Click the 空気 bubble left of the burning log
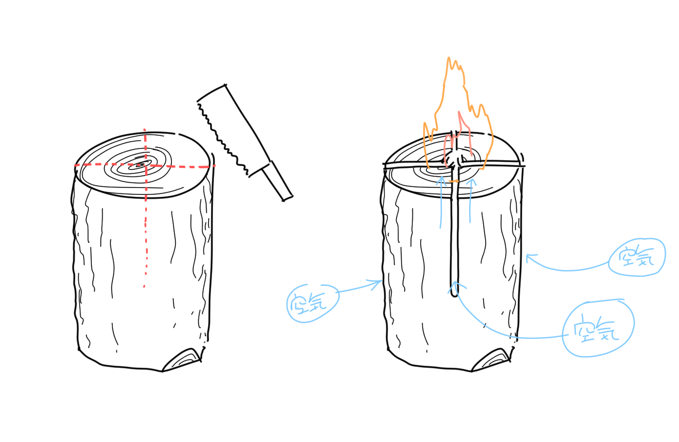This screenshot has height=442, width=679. [313, 303]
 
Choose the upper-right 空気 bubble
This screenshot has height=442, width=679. [637, 257]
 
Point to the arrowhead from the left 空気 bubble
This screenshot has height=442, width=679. [376, 284]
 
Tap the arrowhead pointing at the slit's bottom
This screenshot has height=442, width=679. [456, 287]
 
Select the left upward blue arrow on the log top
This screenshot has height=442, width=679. [441, 203]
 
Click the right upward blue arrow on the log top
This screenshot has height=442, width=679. [471, 201]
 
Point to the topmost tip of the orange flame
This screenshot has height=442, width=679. [448, 57]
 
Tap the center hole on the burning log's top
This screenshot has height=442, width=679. [454, 159]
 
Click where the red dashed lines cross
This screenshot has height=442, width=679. [146, 166]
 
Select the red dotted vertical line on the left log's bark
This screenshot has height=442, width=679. [146, 243]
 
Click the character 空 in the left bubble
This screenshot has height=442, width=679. [298, 303]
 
